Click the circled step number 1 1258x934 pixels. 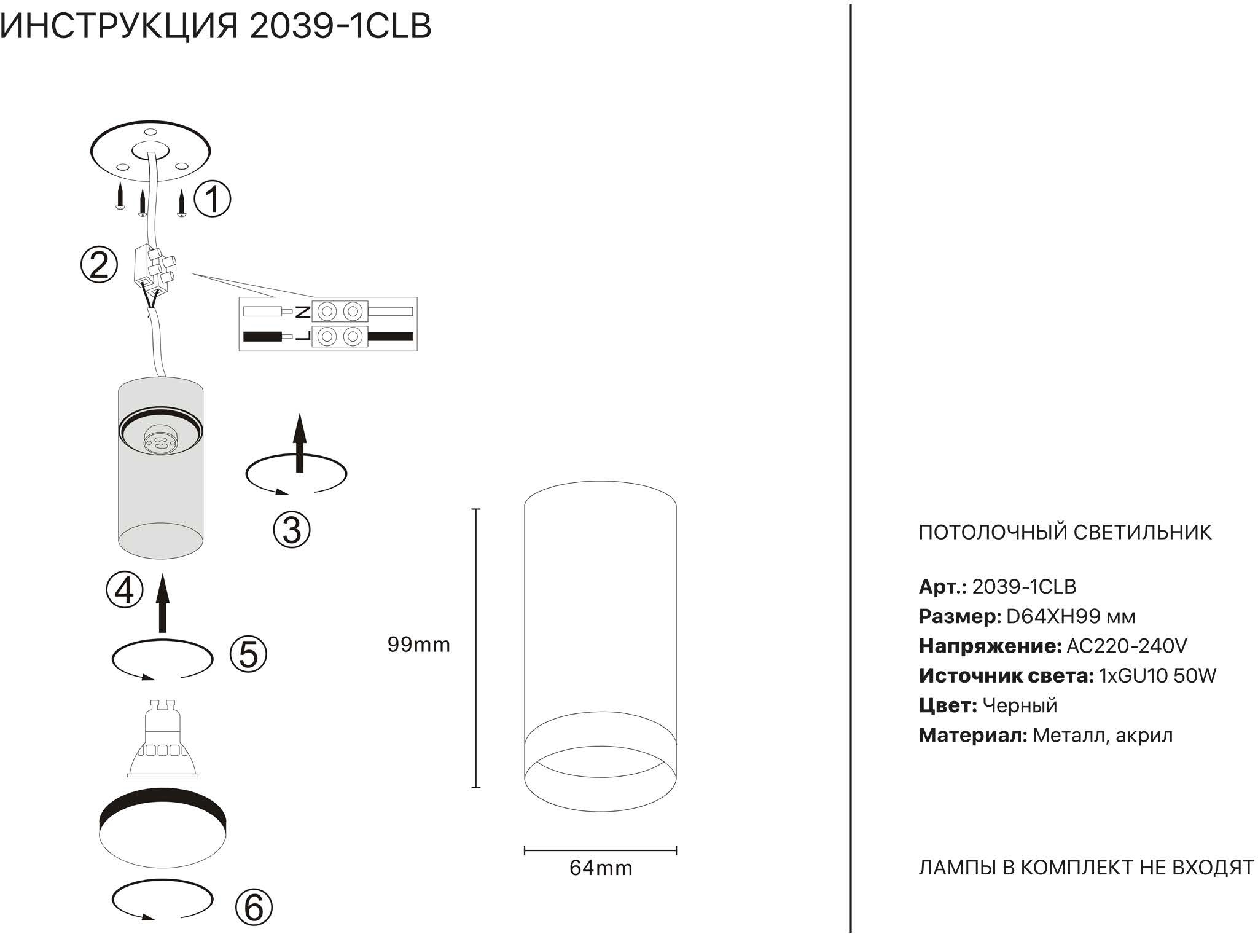[213, 199]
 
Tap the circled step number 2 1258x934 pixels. [99, 265]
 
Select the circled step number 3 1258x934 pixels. [292, 530]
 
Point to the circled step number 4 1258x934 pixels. [125, 590]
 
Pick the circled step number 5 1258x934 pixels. [248, 653]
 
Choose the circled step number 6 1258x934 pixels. [254, 907]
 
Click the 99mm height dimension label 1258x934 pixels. [418, 645]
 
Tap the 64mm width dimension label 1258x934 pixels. [601, 868]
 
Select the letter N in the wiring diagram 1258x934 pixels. [303, 312]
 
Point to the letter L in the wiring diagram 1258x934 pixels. [303, 337]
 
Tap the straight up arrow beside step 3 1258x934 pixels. [300, 442]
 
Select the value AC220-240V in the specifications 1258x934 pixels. [1127, 646]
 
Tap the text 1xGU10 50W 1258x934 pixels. [1157, 676]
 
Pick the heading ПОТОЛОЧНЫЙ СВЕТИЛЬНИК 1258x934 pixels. [1065, 532]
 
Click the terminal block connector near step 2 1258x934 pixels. [154, 269]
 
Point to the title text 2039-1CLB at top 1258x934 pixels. [340, 26]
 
